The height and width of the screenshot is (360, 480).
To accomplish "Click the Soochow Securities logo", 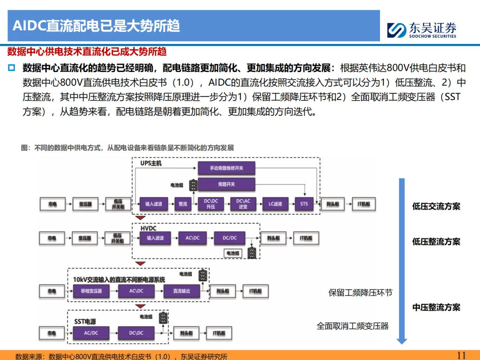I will [x=421, y=30].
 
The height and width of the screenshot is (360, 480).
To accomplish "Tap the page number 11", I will [x=461, y=355].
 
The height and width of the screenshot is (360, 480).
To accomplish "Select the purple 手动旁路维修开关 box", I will [x=226, y=168].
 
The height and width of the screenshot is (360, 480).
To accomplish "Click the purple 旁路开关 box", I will [x=226, y=184].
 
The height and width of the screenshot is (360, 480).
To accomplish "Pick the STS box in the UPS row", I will [x=304, y=204].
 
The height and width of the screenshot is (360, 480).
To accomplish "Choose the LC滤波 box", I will [x=276, y=204].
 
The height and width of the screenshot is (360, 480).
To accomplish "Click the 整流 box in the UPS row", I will [x=183, y=204].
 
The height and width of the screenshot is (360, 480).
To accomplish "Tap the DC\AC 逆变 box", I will [x=243, y=204].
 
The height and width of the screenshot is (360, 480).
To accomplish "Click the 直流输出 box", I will [x=181, y=291].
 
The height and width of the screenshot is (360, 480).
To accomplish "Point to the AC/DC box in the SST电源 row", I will [x=91, y=333].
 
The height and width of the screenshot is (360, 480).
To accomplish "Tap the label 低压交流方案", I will [x=436, y=206].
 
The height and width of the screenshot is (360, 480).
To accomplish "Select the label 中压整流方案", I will [x=436, y=307].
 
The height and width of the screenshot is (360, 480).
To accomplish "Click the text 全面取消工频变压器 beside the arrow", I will [x=352, y=326].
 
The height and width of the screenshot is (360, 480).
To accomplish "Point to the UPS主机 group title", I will [x=151, y=164].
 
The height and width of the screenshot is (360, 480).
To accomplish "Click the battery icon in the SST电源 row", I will [x=164, y=317].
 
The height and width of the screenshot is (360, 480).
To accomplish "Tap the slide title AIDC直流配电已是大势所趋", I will [x=96, y=26].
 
